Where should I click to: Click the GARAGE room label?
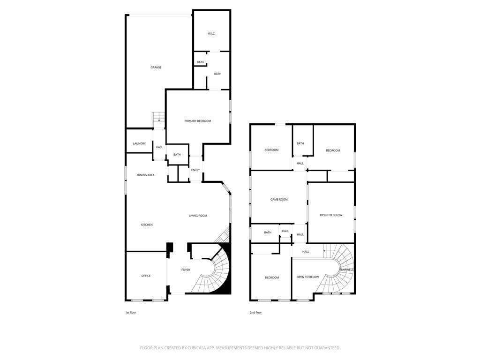click(156, 67)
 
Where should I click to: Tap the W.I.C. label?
click(211, 34)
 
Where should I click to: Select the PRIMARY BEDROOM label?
click(197, 121)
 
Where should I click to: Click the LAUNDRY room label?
click(139, 143)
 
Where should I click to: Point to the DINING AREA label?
click(145, 175)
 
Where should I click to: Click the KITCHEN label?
click(147, 225)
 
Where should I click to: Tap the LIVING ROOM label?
click(198, 216)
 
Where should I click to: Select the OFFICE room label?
click(146, 276)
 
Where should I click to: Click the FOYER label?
click(186, 270)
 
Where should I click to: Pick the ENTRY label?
click(195, 170)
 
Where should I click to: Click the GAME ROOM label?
click(279, 200)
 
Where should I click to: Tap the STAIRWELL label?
click(346, 270)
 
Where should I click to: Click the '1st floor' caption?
click(130, 312)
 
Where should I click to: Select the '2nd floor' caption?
click(255, 312)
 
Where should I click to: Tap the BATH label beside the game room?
click(268, 232)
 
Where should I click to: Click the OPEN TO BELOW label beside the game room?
click(331, 215)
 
